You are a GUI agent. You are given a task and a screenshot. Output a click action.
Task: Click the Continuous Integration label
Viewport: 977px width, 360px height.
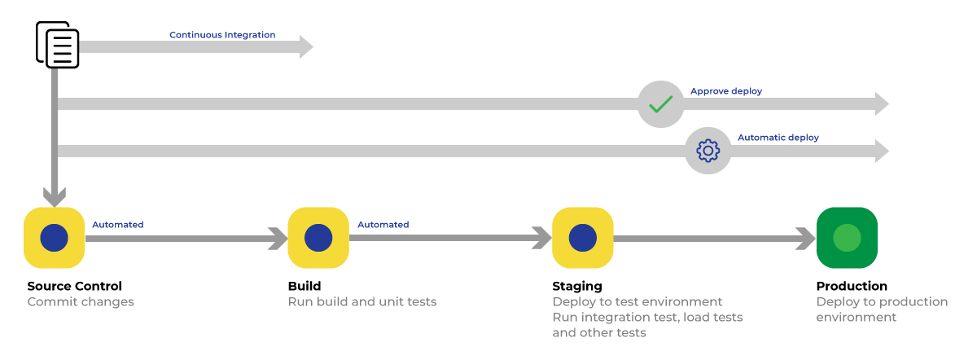221,35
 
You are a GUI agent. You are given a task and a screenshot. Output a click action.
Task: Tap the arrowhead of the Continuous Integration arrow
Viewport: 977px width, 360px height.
306,47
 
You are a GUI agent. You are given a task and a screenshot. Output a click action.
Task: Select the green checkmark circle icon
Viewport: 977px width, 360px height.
660,104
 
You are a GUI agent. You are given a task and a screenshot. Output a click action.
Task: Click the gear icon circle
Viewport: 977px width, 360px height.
708,151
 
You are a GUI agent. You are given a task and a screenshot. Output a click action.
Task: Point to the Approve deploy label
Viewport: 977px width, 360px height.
726,91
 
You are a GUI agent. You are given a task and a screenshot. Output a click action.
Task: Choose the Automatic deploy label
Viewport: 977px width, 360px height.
778,138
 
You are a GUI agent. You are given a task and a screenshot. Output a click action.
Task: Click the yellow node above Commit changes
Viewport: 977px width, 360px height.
54,238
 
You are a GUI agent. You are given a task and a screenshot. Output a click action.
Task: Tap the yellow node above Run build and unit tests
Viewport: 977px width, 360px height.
318,238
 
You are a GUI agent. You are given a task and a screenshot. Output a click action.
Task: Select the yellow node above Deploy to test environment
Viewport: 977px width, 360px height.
582,238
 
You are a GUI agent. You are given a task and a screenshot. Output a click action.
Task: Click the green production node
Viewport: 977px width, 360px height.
847,238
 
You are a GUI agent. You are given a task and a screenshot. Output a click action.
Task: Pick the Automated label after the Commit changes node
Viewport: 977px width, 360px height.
117,225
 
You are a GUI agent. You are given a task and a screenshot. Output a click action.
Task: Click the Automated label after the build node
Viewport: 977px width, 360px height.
383,225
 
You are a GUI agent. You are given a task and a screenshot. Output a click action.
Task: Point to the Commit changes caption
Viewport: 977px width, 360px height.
81,302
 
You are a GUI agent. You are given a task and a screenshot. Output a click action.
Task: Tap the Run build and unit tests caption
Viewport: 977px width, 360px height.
362,302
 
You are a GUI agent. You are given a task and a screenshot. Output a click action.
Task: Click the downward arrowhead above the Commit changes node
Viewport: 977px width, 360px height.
54,197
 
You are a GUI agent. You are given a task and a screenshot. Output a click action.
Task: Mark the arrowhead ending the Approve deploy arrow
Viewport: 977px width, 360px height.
881,104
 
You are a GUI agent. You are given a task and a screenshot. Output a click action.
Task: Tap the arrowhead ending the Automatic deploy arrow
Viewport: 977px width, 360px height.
881,151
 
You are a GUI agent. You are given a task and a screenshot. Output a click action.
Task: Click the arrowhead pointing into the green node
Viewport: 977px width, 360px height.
806,238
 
